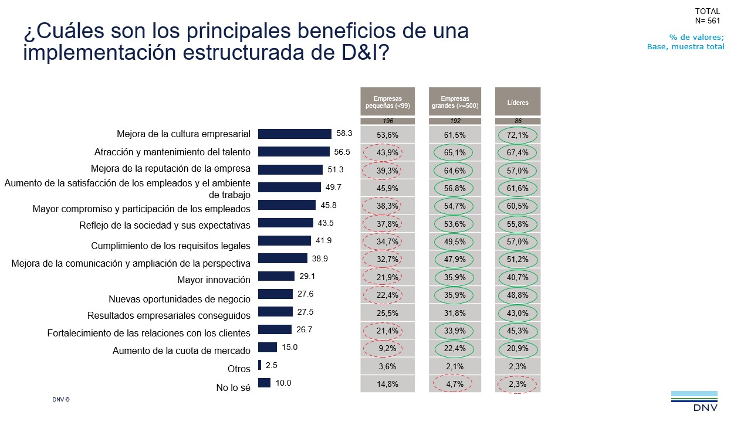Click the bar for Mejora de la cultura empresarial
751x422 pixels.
pyautogui.click(x=295, y=134)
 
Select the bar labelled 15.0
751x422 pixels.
pyautogui.click(x=268, y=347)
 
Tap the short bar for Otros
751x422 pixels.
pyautogui.click(x=259, y=365)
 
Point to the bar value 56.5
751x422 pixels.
pyautogui.click(x=342, y=152)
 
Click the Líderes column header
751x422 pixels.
pyautogui.click(x=517, y=102)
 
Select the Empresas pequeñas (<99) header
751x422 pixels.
pyautogui.click(x=387, y=102)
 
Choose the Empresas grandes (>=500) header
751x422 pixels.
pyautogui.click(x=455, y=102)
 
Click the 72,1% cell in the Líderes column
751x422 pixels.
pyautogui.click(x=517, y=135)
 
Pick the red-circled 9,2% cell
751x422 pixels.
pyautogui.click(x=387, y=349)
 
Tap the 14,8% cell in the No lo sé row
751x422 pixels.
pyautogui.click(x=387, y=384)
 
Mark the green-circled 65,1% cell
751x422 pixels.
pyautogui.click(x=455, y=152)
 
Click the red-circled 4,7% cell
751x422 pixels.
pyautogui.click(x=455, y=384)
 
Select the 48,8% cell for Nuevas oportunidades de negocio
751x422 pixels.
pyautogui.click(x=517, y=295)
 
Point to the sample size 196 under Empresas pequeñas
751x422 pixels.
pyautogui.click(x=387, y=121)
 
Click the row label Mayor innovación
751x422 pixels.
pyautogui.click(x=214, y=280)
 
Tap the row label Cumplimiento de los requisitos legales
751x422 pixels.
pyautogui.click(x=171, y=246)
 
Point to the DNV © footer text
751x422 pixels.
pyautogui.click(x=61, y=399)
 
